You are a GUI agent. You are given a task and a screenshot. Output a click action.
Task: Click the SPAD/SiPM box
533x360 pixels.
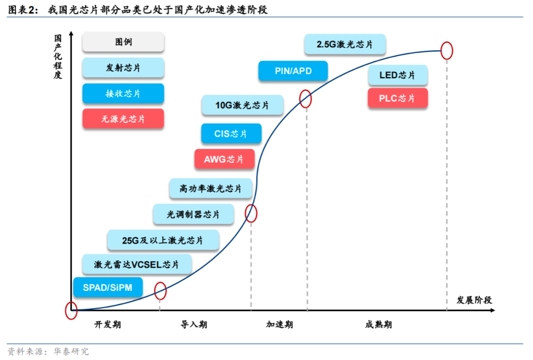(108, 288)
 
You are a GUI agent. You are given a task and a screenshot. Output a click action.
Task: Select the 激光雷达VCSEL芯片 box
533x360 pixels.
(136, 264)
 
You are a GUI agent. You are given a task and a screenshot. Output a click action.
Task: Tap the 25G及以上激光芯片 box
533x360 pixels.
(163, 240)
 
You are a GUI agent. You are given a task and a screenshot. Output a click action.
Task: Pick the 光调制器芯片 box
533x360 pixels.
(193, 215)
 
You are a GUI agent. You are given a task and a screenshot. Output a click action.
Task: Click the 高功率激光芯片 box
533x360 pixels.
(211, 189)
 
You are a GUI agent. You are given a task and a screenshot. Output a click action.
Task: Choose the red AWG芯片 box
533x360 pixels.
(224, 159)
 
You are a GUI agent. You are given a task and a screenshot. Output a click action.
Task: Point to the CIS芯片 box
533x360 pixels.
(231, 134)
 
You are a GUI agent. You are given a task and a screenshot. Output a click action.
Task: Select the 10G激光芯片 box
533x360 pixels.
(242, 105)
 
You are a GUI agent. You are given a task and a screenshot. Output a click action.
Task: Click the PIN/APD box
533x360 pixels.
(293, 71)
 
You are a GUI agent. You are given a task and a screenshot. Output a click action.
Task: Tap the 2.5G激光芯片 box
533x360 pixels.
(344, 44)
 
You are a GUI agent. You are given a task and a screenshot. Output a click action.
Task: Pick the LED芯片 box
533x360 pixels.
(397, 75)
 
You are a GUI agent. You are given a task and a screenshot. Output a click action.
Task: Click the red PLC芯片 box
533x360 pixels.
(397, 98)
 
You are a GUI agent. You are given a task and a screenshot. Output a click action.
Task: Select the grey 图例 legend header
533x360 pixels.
(123, 42)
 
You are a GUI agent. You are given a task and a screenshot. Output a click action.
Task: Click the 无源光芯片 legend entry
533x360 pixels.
(123, 119)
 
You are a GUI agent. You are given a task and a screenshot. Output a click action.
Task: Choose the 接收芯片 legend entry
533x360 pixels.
(123, 93)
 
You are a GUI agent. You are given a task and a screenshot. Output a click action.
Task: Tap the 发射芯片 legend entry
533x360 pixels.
(123, 68)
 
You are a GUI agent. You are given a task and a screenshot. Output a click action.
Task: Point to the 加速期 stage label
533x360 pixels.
(279, 324)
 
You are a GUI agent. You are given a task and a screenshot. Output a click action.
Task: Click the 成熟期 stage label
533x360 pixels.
(379, 324)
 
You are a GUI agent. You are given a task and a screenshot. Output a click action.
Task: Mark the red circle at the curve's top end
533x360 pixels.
(446, 50)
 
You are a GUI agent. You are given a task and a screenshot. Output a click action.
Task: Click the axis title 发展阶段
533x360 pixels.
(474, 300)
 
